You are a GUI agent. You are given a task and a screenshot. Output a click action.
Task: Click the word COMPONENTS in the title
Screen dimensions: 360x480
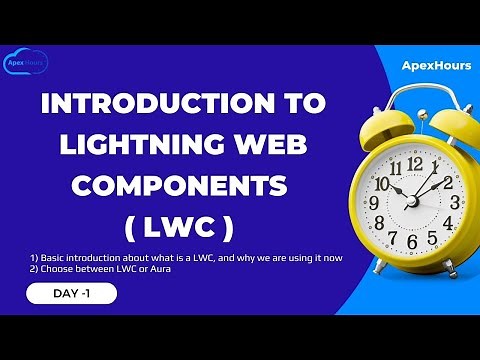point(179,185)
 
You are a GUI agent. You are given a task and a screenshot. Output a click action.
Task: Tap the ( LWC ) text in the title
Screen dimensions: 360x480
point(180,226)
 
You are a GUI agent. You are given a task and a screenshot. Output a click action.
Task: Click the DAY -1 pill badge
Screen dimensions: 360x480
point(72,293)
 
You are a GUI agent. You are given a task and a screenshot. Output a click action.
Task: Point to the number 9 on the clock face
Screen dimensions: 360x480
point(376,203)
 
